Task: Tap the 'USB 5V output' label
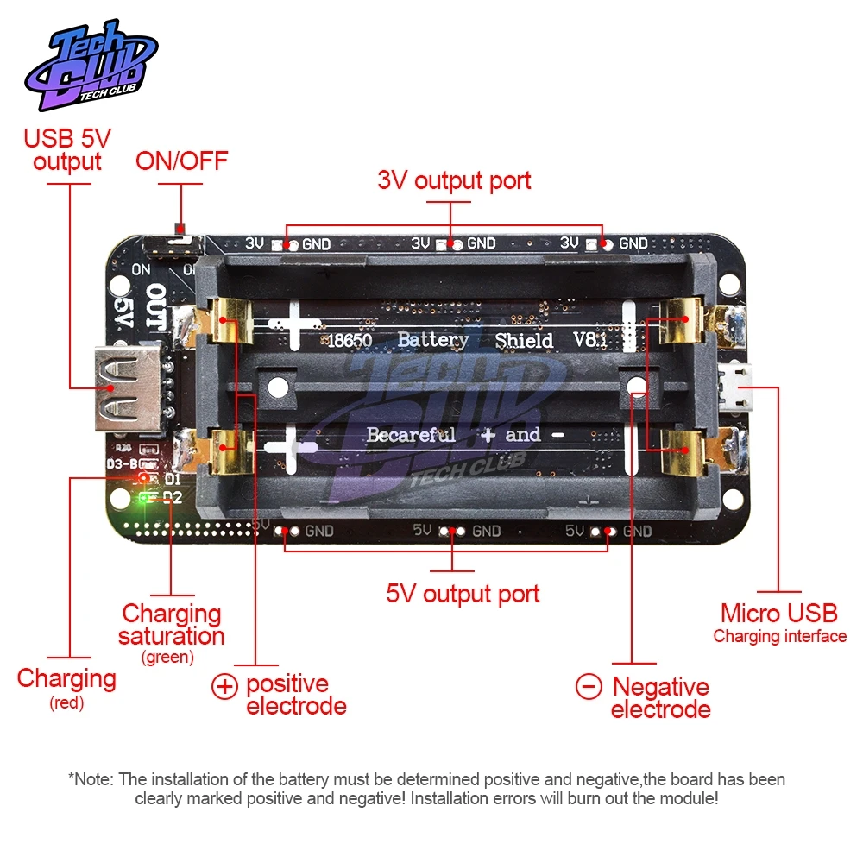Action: tap(67, 149)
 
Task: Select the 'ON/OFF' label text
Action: tap(181, 161)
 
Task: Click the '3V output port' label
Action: tap(454, 180)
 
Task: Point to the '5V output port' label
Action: tap(463, 594)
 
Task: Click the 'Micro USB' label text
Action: tap(778, 614)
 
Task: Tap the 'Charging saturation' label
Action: tap(172, 625)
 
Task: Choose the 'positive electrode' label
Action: tap(295, 695)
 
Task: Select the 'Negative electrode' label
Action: tap(660, 698)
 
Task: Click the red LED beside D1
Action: tap(143, 477)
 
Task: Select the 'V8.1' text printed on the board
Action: tap(591, 341)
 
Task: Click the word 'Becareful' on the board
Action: tap(411, 435)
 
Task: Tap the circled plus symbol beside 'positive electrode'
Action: tap(224, 687)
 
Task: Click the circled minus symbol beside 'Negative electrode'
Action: tap(589, 687)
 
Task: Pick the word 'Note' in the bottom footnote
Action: tap(94, 779)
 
